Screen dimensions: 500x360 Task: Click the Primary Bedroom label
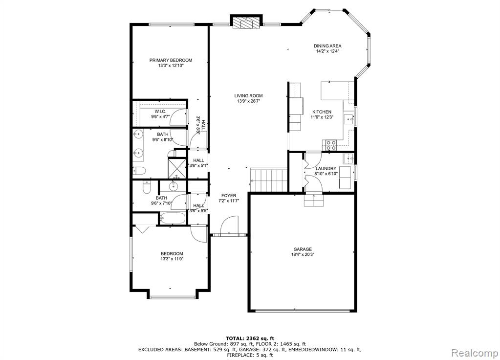(x=171, y=60)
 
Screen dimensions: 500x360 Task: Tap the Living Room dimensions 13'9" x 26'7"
(x=248, y=101)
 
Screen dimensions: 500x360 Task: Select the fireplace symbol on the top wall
(x=246, y=22)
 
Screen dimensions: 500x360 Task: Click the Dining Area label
(x=327, y=46)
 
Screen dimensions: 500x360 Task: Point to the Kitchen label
(x=322, y=112)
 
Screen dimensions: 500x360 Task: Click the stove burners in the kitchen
(x=331, y=145)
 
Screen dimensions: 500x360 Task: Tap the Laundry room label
(x=326, y=169)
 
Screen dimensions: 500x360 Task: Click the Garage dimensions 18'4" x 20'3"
(x=303, y=255)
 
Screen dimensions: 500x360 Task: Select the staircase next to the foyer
(x=268, y=180)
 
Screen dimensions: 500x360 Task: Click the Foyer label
(x=229, y=196)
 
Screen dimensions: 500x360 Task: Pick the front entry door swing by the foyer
(x=229, y=225)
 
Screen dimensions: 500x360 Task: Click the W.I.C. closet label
(x=160, y=112)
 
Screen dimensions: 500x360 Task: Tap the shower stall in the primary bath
(x=177, y=168)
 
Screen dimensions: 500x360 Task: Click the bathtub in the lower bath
(x=172, y=218)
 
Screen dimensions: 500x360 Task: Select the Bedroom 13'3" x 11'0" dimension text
(x=172, y=259)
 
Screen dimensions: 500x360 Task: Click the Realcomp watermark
(x=475, y=353)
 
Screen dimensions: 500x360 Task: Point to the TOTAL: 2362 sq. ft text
(x=250, y=338)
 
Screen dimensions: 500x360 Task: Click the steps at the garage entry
(x=314, y=200)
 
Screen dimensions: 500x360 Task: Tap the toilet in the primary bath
(x=139, y=171)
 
